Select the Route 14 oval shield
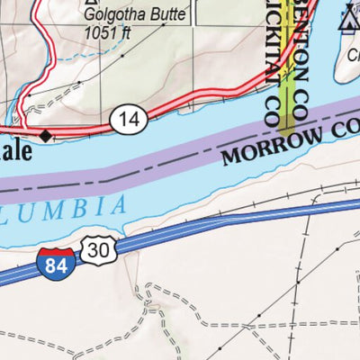click(128, 117)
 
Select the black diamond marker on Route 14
click(48, 137)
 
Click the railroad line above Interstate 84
click(270, 203)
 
